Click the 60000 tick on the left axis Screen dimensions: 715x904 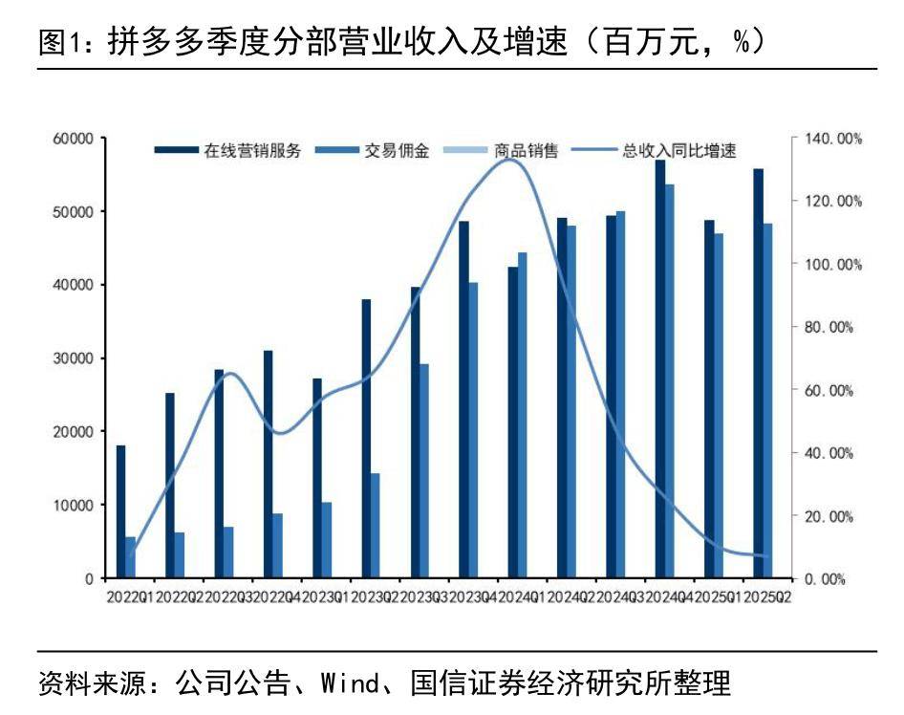pos(73,139)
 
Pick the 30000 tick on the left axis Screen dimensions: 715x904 pos(73,358)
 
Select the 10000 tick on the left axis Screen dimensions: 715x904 pos(73,505)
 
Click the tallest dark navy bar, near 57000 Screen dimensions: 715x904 pos(659,369)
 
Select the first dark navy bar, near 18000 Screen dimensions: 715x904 pos(120,511)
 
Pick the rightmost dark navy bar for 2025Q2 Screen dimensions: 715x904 pos(758,374)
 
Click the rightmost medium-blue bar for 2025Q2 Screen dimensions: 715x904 pos(767,401)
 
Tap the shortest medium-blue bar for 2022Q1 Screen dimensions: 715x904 pos(130,557)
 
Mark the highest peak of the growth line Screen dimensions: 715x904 pos(511,160)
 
